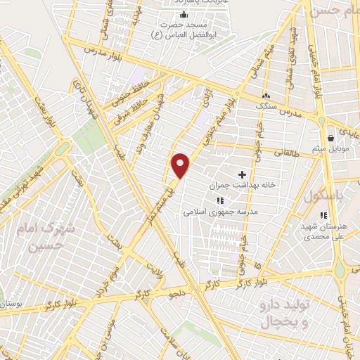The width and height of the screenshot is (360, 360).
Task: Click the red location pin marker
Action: [181, 165]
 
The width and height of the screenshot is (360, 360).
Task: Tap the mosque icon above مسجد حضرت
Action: [184, 15]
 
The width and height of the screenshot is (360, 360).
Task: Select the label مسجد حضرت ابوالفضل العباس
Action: [184, 29]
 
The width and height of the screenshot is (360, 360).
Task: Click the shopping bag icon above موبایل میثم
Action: [330, 139]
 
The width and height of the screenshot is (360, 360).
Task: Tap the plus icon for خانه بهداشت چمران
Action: [243, 174]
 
